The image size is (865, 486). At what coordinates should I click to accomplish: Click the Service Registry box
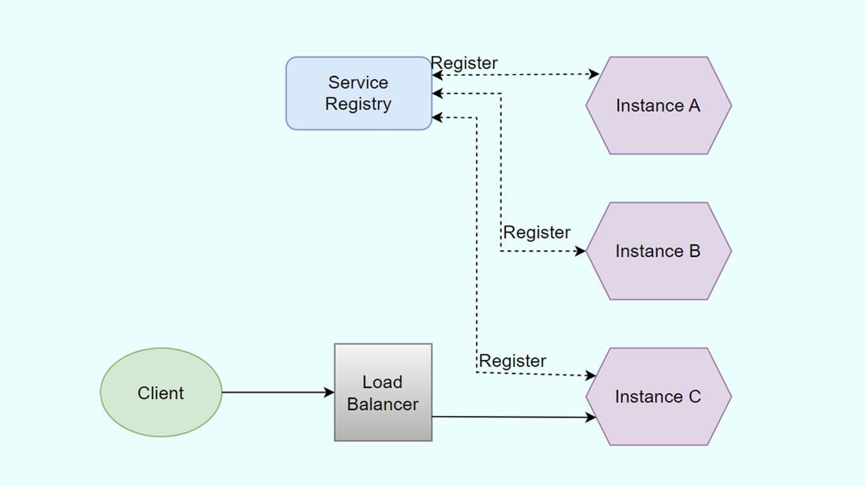point(358,94)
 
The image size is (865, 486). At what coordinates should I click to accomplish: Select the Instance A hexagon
point(659,106)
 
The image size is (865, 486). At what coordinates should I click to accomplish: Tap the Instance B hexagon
point(659,251)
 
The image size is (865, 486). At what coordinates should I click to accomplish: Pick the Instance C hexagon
point(659,397)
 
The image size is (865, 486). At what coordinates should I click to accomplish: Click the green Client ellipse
point(161,392)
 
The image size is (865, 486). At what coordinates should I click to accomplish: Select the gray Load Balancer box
point(383,392)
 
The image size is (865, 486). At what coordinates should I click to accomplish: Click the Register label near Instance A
point(464,63)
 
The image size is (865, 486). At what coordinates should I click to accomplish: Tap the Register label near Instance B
point(537,232)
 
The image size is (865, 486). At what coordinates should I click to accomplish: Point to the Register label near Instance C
point(512,361)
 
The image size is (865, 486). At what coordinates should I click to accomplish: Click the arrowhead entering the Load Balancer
point(329,392)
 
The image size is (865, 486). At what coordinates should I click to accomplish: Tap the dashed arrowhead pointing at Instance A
point(594,74)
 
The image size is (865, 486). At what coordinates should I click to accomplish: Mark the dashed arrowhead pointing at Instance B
point(580,251)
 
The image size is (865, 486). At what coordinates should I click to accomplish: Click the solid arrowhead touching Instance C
point(591,417)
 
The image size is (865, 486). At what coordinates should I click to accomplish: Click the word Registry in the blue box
point(358,104)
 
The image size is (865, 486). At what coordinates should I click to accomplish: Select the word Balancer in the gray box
point(383,404)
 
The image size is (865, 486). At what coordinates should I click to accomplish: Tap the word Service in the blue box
point(358,82)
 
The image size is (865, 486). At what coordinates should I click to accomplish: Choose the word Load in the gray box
point(382,382)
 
